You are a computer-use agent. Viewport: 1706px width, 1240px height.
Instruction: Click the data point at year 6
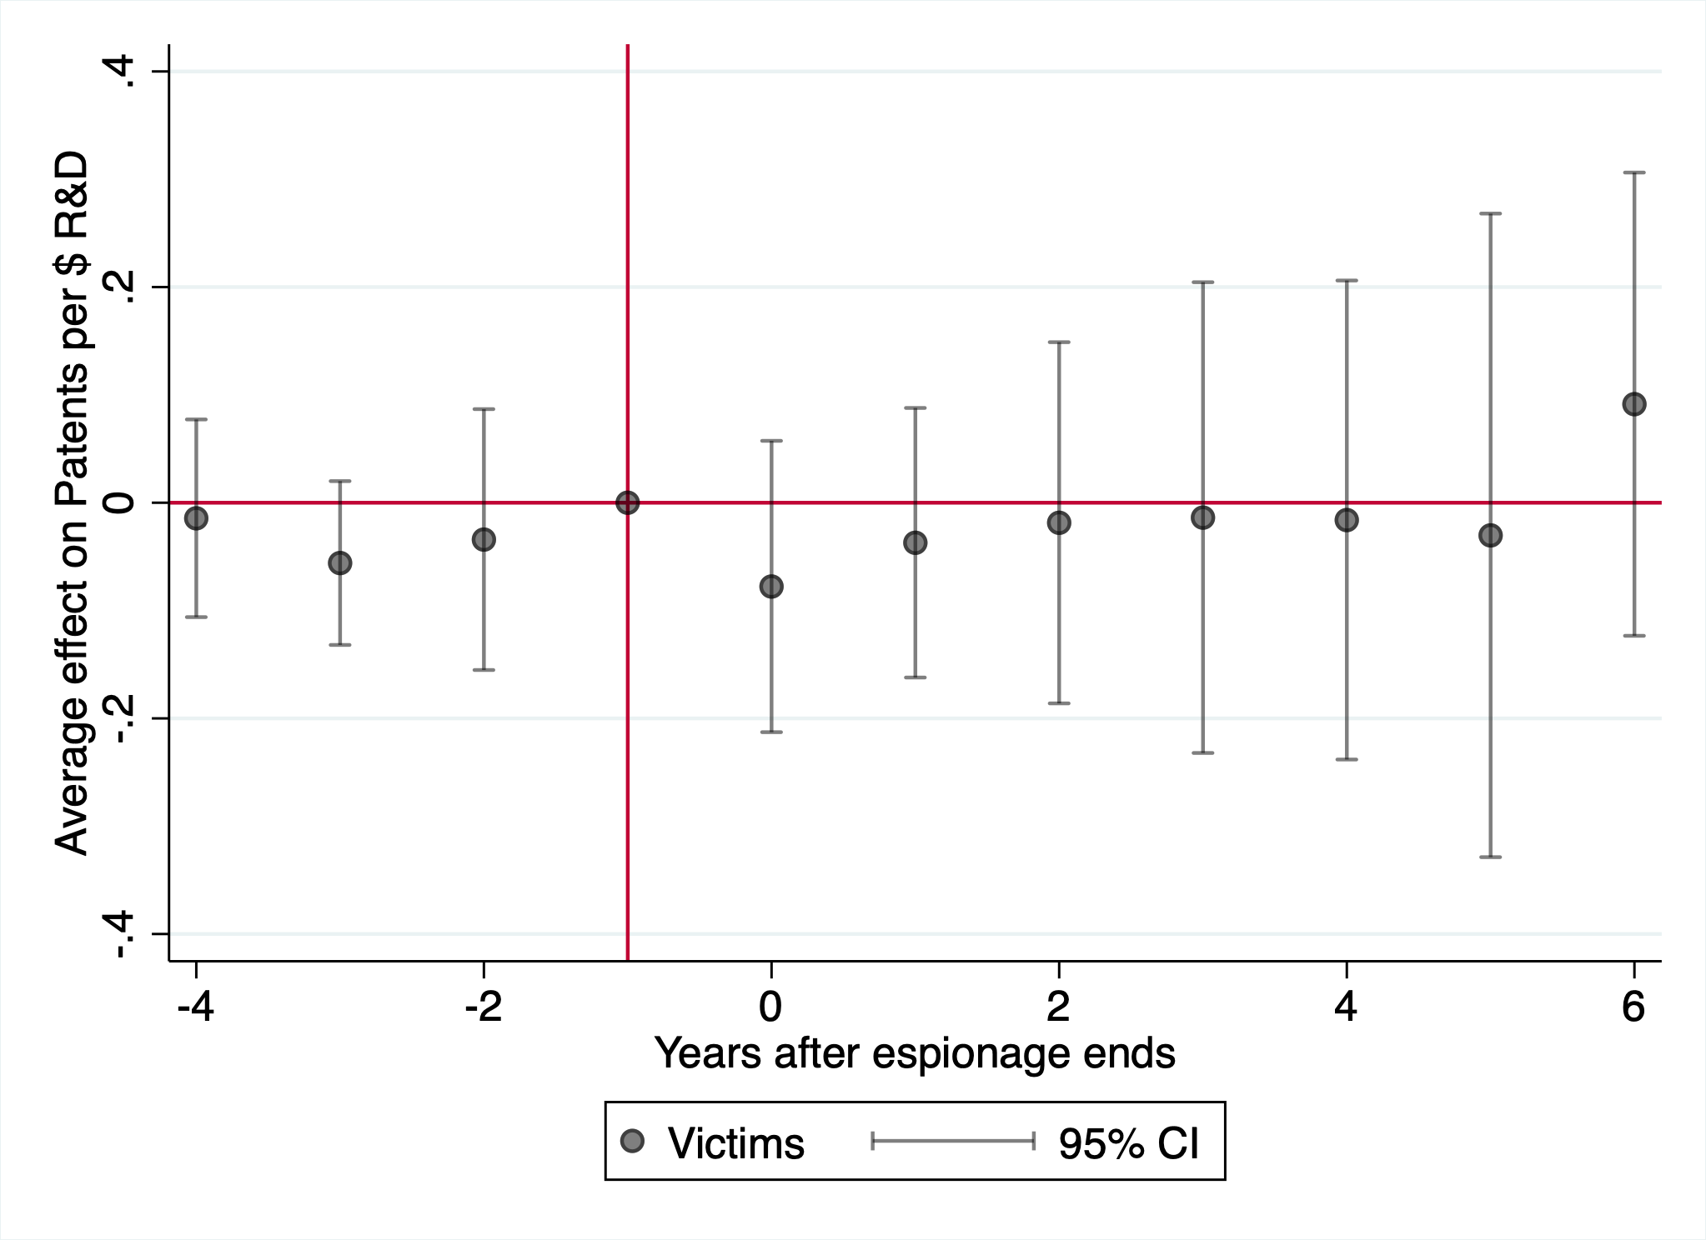(x=1633, y=404)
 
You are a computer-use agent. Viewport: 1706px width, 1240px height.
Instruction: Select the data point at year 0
(x=771, y=587)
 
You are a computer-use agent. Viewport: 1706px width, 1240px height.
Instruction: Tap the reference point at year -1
(x=627, y=502)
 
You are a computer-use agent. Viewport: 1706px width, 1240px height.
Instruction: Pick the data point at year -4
(x=196, y=518)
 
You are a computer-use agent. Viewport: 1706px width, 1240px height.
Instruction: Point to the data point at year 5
(x=1490, y=535)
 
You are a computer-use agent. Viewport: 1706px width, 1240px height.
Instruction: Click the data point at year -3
(x=340, y=563)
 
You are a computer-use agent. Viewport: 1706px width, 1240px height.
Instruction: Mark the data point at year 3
(x=1202, y=517)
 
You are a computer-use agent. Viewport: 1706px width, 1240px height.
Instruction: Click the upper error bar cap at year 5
(x=1490, y=213)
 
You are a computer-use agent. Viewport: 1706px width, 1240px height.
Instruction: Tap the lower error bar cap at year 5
(x=1490, y=857)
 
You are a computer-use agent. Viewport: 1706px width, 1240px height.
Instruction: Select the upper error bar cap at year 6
(x=1633, y=172)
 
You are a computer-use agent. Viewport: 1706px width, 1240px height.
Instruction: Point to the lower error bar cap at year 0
(x=771, y=732)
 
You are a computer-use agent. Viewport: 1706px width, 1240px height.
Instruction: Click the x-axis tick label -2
(x=484, y=1007)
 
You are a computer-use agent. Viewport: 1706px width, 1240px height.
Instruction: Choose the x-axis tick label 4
(x=1346, y=1007)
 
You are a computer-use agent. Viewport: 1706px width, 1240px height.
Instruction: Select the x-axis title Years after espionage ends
(x=915, y=1053)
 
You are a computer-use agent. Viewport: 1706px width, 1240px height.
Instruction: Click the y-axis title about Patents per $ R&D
(x=72, y=502)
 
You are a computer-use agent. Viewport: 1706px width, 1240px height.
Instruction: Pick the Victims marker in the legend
(x=633, y=1141)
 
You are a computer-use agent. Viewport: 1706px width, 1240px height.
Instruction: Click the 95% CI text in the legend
(x=1128, y=1143)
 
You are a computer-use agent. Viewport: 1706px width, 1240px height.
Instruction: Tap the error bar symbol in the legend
(x=953, y=1141)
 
